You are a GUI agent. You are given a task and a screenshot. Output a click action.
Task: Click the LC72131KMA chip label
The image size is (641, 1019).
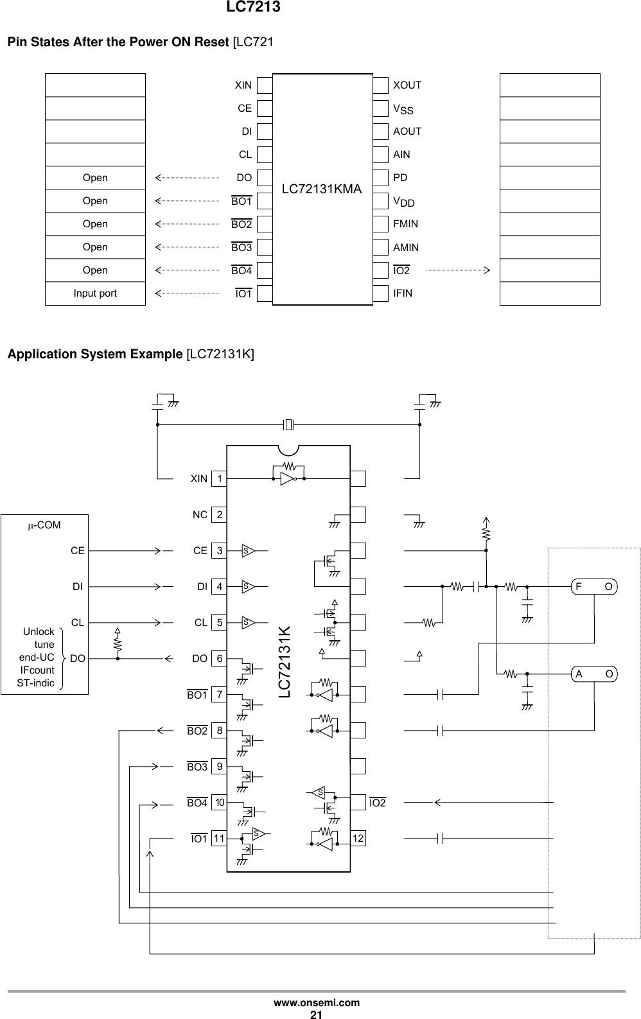click(x=322, y=189)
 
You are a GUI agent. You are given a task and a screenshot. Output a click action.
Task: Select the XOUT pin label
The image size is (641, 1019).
click(x=407, y=85)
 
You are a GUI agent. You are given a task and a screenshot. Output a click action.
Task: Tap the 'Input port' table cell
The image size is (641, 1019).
click(x=95, y=293)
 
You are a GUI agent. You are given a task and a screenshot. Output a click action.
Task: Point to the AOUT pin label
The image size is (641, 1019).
click(x=407, y=132)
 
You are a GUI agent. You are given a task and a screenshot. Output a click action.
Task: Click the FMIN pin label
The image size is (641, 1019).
click(x=405, y=224)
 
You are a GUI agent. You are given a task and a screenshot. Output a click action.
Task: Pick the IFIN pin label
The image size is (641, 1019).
click(x=403, y=293)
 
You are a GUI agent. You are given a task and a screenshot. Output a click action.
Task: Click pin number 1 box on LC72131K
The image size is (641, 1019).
click(x=220, y=479)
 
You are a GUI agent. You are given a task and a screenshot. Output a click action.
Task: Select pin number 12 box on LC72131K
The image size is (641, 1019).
click(x=358, y=839)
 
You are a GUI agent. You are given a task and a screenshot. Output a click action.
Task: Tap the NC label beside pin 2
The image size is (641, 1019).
click(x=200, y=515)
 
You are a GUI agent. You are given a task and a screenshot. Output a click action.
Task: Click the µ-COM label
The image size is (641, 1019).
click(x=44, y=525)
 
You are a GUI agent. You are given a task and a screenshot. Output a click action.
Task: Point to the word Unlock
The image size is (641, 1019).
click(x=39, y=632)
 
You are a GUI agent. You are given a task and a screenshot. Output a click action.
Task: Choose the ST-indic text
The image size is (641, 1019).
click(x=36, y=683)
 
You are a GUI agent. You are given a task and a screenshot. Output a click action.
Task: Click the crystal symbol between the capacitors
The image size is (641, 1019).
click(x=288, y=424)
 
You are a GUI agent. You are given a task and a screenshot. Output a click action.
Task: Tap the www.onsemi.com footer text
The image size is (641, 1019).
click(x=317, y=1003)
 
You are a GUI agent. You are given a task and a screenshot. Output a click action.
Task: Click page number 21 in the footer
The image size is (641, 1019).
click(x=316, y=1014)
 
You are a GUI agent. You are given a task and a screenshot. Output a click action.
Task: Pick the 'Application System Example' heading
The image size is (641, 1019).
click(x=94, y=354)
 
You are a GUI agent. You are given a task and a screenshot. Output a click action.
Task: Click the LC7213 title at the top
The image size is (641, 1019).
click(x=253, y=8)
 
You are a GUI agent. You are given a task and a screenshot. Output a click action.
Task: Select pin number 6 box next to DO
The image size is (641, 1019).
click(x=220, y=659)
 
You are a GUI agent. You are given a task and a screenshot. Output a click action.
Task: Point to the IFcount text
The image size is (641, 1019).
click(x=37, y=670)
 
